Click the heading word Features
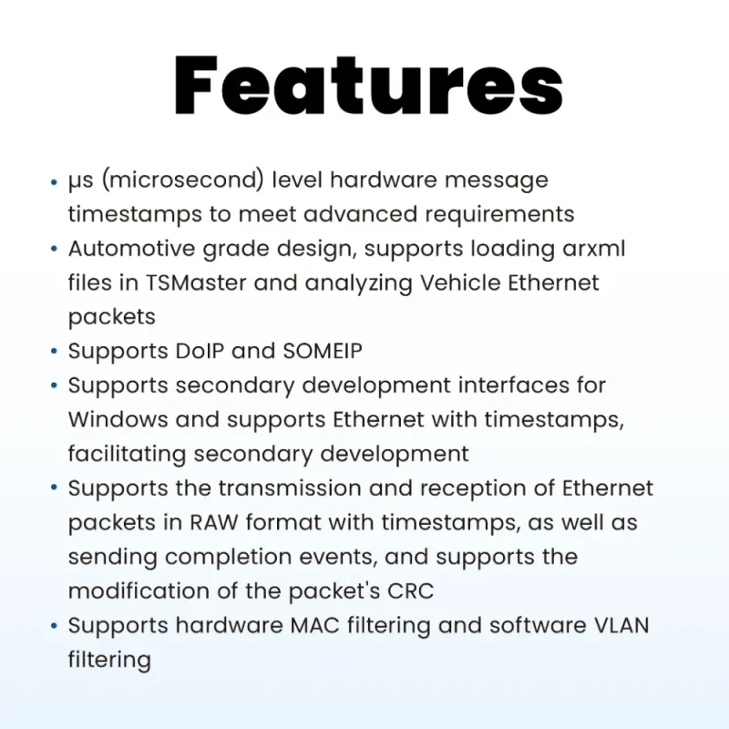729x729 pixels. click(368, 86)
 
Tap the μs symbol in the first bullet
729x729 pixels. click(80, 181)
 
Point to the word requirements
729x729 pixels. click(499, 215)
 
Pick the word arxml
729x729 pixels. click(594, 248)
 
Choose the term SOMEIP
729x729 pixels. click(323, 351)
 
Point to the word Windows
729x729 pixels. click(118, 419)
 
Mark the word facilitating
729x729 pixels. click(127, 454)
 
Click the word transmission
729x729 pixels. click(290, 488)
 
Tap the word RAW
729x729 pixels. click(213, 522)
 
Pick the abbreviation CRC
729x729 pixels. click(411, 590)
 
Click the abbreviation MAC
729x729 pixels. click(314, 625)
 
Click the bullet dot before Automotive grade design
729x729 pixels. click(54, 249)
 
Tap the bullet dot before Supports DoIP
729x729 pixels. click(54, 352)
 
